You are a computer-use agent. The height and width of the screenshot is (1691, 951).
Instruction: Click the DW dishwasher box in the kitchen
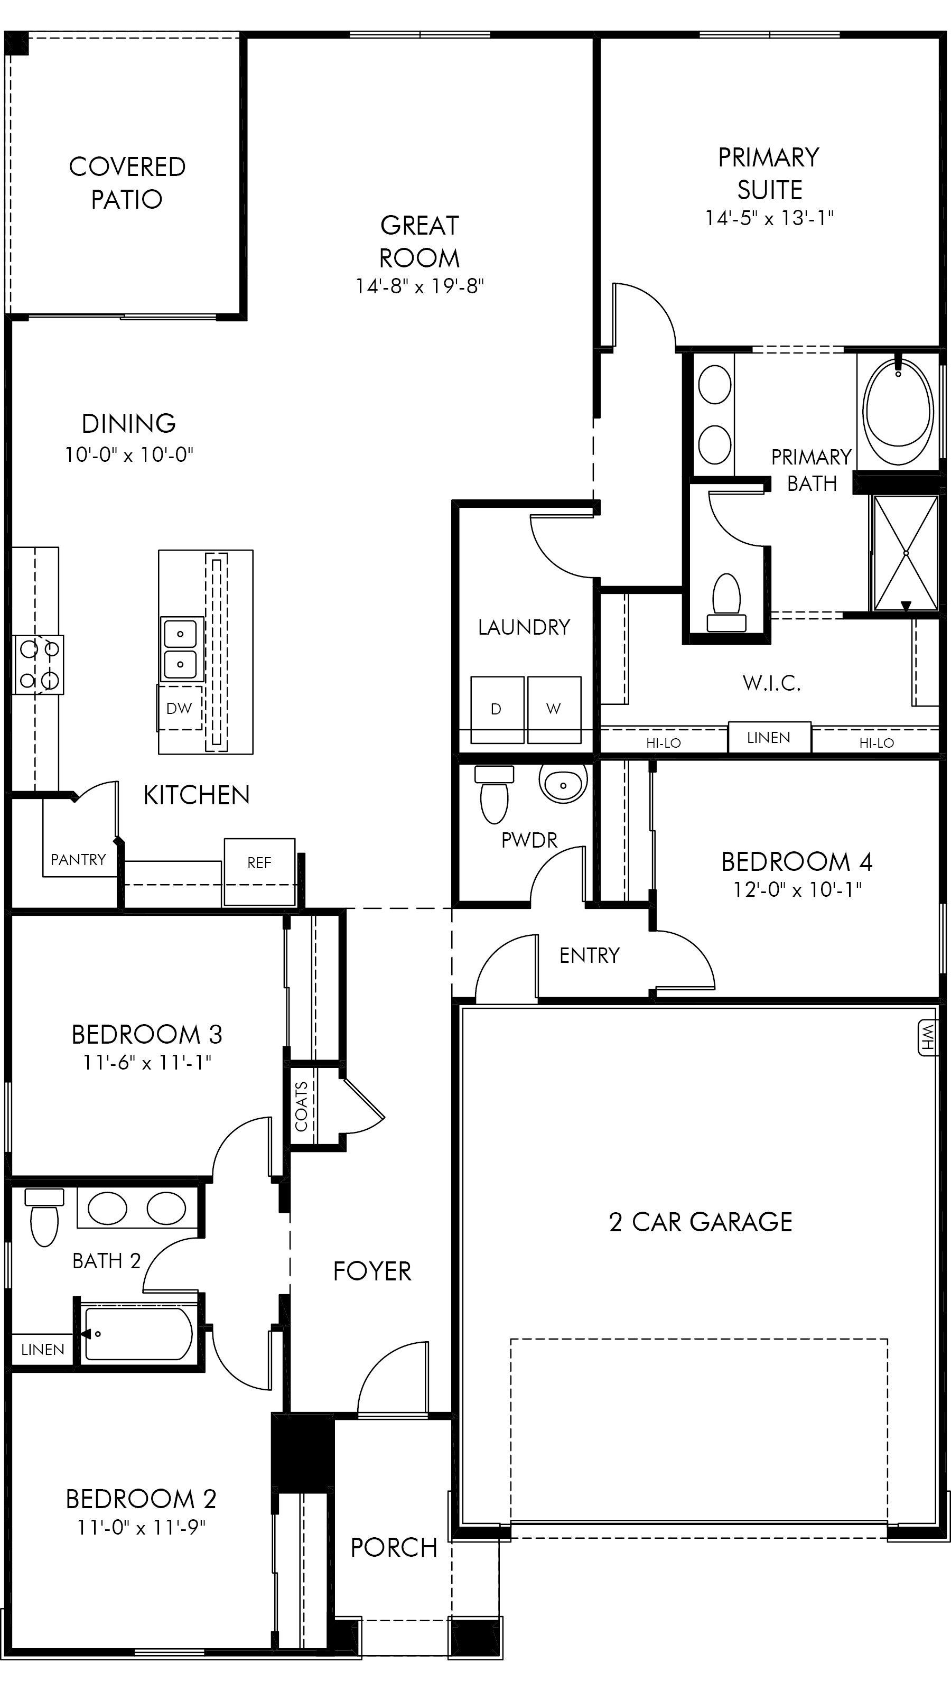click(179, 708)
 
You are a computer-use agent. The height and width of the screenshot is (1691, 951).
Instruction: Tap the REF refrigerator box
click(259, 863)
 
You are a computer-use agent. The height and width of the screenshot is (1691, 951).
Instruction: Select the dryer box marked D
click(497, 709)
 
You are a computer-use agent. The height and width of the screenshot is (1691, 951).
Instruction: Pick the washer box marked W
click(554, 709)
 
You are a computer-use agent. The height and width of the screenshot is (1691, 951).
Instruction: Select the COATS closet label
click(301, 1107)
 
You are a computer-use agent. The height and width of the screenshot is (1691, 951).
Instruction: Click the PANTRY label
click(78, 860)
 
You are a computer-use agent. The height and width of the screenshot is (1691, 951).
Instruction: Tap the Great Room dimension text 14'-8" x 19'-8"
click(419, 286)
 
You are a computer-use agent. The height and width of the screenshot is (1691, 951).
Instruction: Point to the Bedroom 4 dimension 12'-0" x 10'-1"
click(797, 889)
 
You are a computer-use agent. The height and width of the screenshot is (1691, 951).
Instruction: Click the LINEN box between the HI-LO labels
click(769, 738)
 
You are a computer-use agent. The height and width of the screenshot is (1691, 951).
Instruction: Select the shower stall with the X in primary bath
click(906, 553)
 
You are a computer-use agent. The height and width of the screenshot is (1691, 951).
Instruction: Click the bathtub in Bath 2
click(138, 1334)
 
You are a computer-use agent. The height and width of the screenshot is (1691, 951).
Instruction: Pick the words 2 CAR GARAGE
click(700, 1222)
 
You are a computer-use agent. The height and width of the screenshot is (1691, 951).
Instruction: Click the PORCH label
click(394, 1548)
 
